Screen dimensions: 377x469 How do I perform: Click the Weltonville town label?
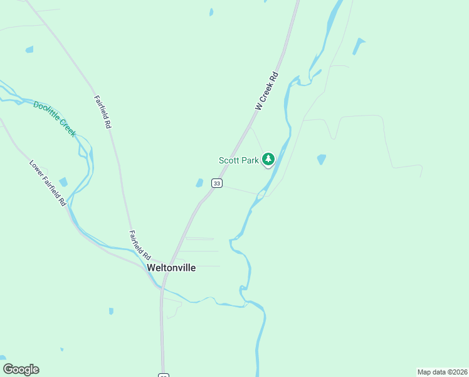(171, 268)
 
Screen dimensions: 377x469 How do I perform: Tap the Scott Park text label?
(238, 160)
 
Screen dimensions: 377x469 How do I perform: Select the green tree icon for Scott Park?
(268, 159)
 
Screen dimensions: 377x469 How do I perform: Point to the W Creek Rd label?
(266, 94)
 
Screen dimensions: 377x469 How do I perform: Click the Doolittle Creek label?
(55, 119)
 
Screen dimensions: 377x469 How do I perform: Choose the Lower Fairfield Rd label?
(48, 183)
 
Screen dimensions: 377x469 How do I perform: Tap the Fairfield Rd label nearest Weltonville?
(140, 246)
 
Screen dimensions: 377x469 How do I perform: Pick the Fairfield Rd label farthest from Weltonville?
(103, 112)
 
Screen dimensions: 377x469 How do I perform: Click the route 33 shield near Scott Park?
(217, 183)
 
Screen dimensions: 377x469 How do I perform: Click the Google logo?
(21, 369)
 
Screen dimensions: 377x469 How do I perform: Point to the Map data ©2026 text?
(442, 371)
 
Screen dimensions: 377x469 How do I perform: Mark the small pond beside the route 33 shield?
(199, 183)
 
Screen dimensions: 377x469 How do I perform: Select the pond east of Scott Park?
(322, 160)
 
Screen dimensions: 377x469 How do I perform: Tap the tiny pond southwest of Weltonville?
(111, 311)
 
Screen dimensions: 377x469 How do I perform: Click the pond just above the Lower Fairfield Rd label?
(63, 182)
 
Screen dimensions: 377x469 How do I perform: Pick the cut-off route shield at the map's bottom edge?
(163, 375)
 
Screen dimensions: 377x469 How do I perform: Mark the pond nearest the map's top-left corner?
(29, 49)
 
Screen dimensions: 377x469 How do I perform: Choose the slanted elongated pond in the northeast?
(359, 46)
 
